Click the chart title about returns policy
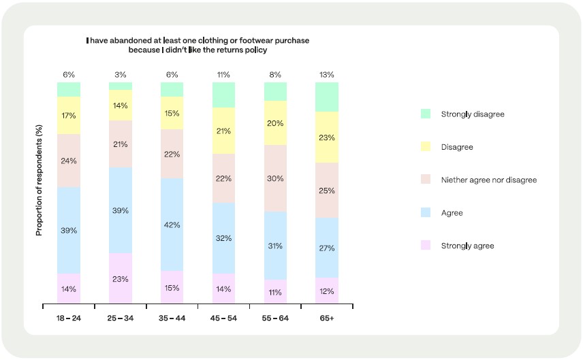coord(198,45)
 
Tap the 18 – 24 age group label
coord(68,318)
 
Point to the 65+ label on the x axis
coord(327,318)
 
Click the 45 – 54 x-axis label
coord(223,318)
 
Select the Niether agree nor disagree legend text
coord(489,180)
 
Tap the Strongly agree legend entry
coord(467,246)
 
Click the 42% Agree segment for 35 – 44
coord(172,225)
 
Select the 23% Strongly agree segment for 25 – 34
coord(121,278)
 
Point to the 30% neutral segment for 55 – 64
coord(275,178)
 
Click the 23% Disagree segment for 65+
coord(327,137)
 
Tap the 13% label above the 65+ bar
coord(327,75)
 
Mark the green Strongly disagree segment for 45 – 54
coord(223,95)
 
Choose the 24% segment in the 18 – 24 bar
coord(68,161)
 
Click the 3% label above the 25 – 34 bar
coord(121,75)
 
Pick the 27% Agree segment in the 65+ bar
coord(327,248)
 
